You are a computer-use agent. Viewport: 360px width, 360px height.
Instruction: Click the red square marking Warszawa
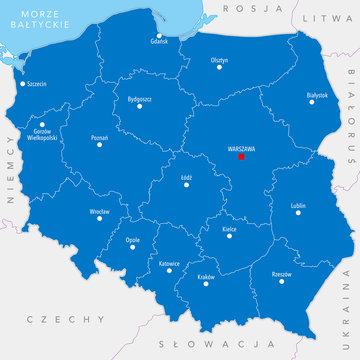tap(241, 156)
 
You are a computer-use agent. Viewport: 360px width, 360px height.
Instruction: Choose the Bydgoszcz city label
tap(139, 99)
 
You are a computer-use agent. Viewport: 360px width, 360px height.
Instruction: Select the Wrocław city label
tap(98, 212)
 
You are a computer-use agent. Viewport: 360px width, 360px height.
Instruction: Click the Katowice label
tap(169, 262)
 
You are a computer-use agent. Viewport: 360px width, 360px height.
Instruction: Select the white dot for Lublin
tap(296, 214)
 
